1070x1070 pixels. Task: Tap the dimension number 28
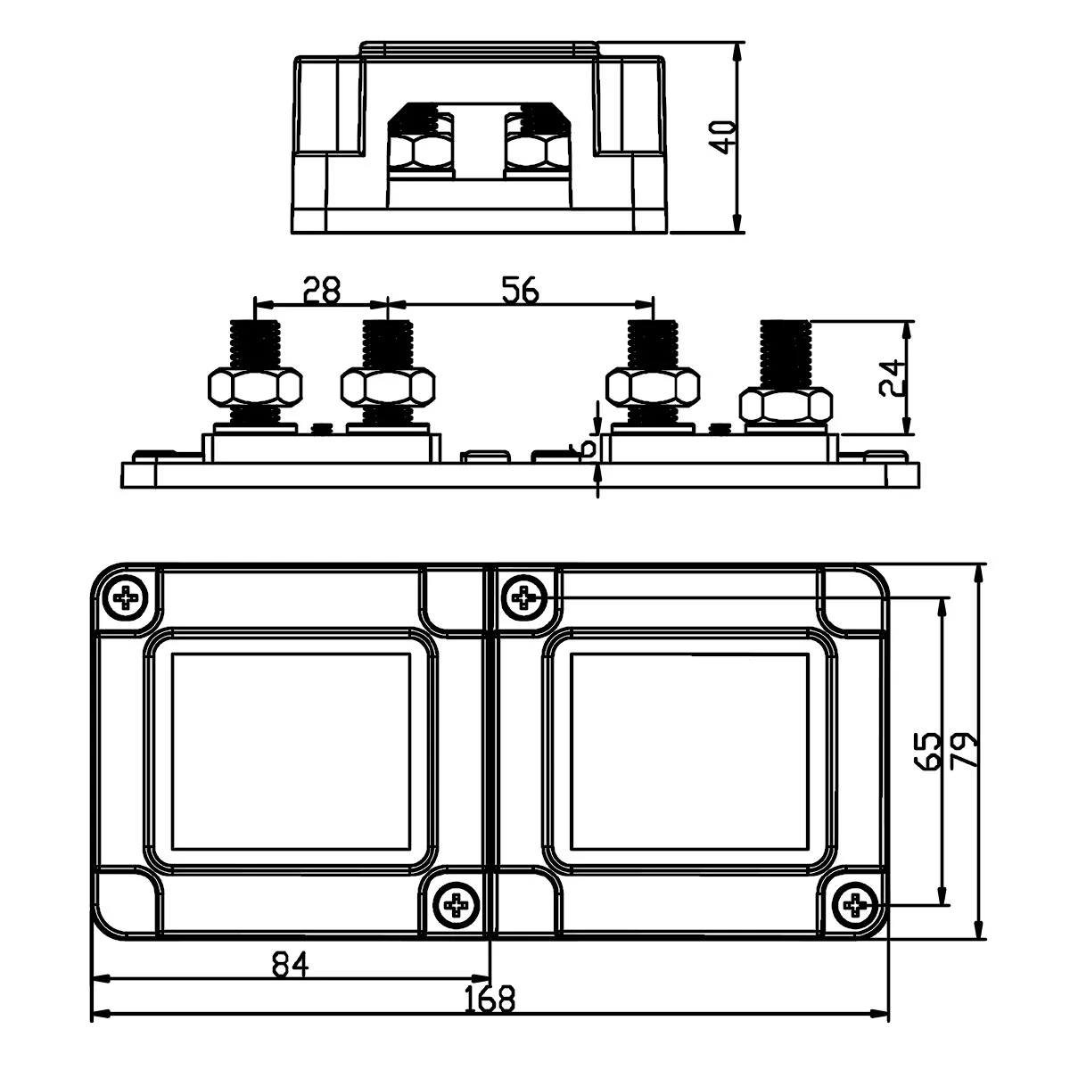click(322, 290)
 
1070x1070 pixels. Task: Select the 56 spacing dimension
click(521, 290)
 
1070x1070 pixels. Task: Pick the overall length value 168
click(490, 1000)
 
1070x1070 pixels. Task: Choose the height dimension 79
click(964, 751)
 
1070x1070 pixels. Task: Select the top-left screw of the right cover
click(525, 597)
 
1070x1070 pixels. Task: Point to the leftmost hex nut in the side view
click(254, 387)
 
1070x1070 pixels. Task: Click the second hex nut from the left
click(388, 387)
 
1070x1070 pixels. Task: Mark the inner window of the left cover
click(291, 751)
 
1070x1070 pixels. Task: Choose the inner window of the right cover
click(689, 751)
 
